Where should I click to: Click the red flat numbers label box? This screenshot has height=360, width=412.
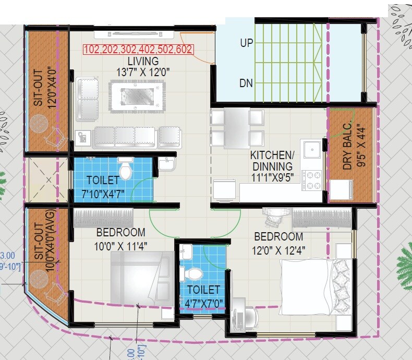click(x=138, y=50)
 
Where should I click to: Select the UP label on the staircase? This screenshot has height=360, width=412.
click(x=246, y=43)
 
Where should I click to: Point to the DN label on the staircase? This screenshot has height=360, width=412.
click(x=246, y=83)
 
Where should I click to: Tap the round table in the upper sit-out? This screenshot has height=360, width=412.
click(x=38, y=124)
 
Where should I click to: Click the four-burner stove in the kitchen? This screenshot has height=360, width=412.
click(x=314, y=180)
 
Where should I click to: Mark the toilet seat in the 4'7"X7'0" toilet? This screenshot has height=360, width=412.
click(x=194, y=273)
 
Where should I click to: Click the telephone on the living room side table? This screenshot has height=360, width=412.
click(x=82, y=138)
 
